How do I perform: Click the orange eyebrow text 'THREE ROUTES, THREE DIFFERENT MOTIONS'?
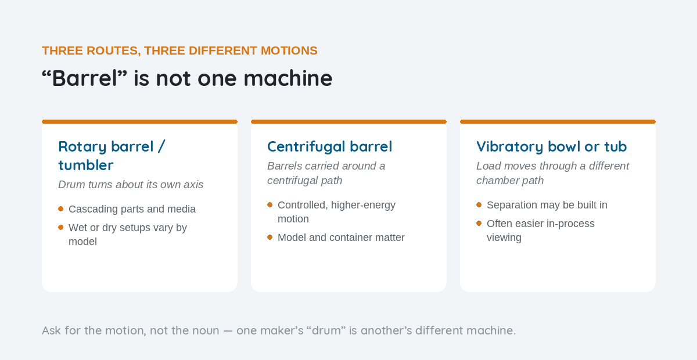tap(179, 51)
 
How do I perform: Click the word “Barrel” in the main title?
tap(85, 78)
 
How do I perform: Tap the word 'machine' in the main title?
tap(288, 78)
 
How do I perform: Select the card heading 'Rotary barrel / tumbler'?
tap(112, 156)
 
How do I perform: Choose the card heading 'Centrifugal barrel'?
tap(329, 146)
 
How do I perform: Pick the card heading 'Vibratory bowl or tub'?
tap(551, 146)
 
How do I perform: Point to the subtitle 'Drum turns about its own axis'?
tap(131, 185)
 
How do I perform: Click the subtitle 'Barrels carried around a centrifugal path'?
tap(326, 173)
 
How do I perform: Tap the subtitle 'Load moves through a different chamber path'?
tap(552, 173)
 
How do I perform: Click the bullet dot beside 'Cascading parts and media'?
tap(60, 209)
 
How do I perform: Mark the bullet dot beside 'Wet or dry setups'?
tap(60, 228)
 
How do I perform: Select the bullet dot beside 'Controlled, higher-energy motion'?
tap(270, 205)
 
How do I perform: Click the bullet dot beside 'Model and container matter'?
tap(270, 237)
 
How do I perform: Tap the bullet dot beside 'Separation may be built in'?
tap(479, 205)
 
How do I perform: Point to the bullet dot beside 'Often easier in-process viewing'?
tap(479, 224)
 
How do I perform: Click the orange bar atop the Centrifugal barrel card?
tap(349, 122)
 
